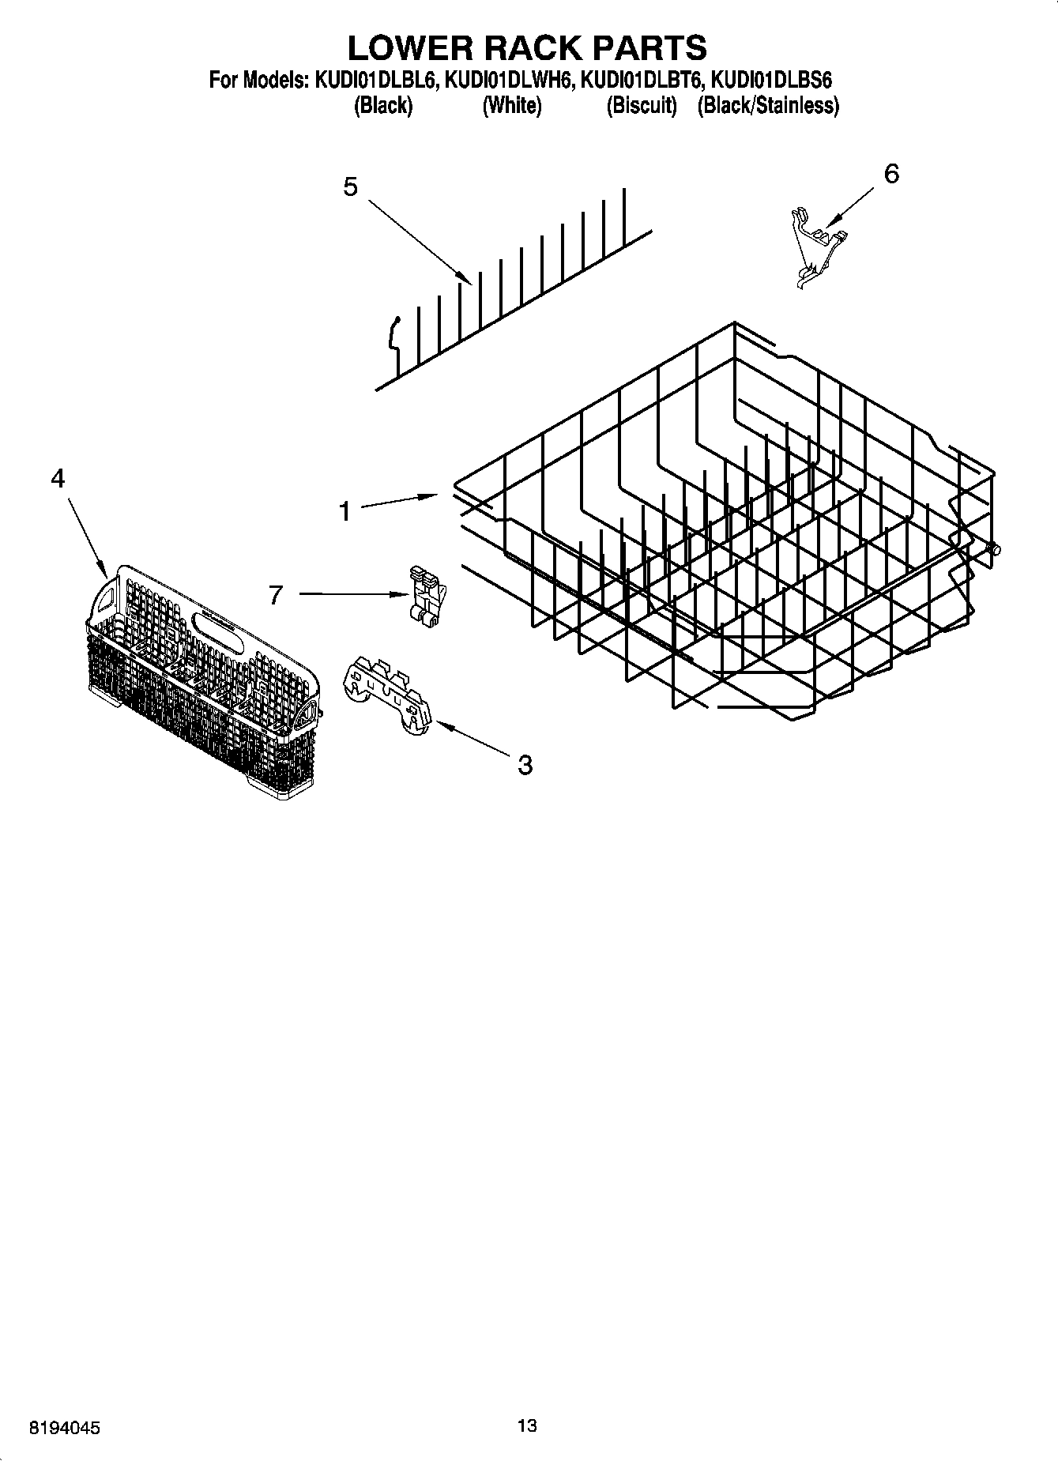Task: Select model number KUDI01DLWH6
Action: click(510, 80)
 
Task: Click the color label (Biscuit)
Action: click(642, 106)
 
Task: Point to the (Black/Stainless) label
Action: click(767, 106)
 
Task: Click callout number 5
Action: click(350, 187)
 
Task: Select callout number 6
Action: click(890, 174)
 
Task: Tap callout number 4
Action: click(57, 478)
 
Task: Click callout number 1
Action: click(345, 512)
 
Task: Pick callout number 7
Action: click(276, 594)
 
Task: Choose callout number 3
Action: click(525, 764)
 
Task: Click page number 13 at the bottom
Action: click(527, 1425)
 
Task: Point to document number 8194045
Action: click(65, 1428)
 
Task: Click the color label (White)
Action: click(512, 106)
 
